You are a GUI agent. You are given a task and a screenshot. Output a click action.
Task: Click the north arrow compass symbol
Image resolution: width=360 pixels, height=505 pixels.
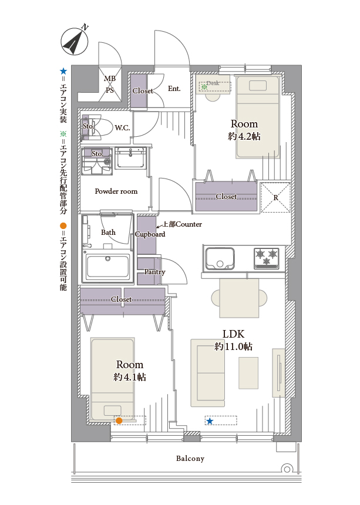75,42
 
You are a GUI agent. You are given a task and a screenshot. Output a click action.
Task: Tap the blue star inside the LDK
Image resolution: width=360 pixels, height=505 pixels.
210,421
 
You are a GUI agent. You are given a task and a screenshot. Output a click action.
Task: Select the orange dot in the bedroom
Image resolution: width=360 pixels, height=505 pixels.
119,420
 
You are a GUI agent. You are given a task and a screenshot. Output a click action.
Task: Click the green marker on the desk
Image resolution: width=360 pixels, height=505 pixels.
204,87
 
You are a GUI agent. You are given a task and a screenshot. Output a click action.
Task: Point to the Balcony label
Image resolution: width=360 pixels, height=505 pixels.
190,458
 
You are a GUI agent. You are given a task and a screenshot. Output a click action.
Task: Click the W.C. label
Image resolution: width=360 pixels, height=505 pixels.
122,128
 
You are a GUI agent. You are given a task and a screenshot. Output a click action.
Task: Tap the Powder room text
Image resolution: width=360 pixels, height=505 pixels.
116,191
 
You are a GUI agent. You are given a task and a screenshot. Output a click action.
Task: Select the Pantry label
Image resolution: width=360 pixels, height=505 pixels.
154,272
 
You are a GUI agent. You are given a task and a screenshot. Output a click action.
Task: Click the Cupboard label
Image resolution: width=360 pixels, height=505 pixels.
150,234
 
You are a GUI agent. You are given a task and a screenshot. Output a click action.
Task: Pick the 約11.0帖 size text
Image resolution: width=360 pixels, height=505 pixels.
234,346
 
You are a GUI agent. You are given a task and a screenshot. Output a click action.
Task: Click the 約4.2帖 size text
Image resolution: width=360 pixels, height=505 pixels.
244,136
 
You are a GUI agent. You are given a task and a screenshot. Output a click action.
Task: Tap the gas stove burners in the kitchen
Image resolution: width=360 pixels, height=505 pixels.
267,258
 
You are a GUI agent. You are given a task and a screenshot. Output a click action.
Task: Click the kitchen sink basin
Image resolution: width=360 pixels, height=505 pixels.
220,258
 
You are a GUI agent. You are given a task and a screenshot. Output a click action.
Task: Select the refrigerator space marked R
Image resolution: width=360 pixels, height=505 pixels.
275,197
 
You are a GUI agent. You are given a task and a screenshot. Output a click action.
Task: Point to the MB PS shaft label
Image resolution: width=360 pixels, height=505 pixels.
110,85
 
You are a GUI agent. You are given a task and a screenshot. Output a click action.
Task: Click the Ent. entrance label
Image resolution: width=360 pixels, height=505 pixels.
174,89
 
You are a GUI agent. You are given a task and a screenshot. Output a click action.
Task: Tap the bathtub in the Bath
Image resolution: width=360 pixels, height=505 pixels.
108,266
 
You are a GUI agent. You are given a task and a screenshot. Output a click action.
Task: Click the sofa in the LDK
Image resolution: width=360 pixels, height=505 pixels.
208,373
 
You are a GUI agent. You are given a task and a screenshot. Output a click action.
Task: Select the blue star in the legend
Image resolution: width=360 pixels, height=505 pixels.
63,72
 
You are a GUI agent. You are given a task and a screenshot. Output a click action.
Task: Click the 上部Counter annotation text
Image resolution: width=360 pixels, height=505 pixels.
183,224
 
